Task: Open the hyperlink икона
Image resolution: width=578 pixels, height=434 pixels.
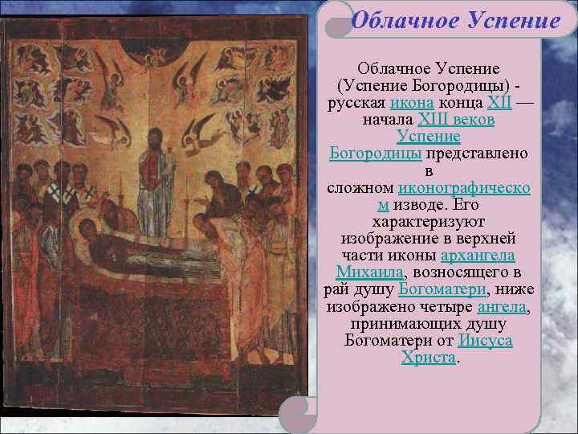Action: click(412, 103)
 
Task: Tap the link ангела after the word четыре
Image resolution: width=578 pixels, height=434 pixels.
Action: click(503, 306)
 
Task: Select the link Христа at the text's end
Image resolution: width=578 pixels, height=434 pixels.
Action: click(428, 357)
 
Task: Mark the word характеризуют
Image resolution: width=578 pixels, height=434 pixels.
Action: click(429, 222)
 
